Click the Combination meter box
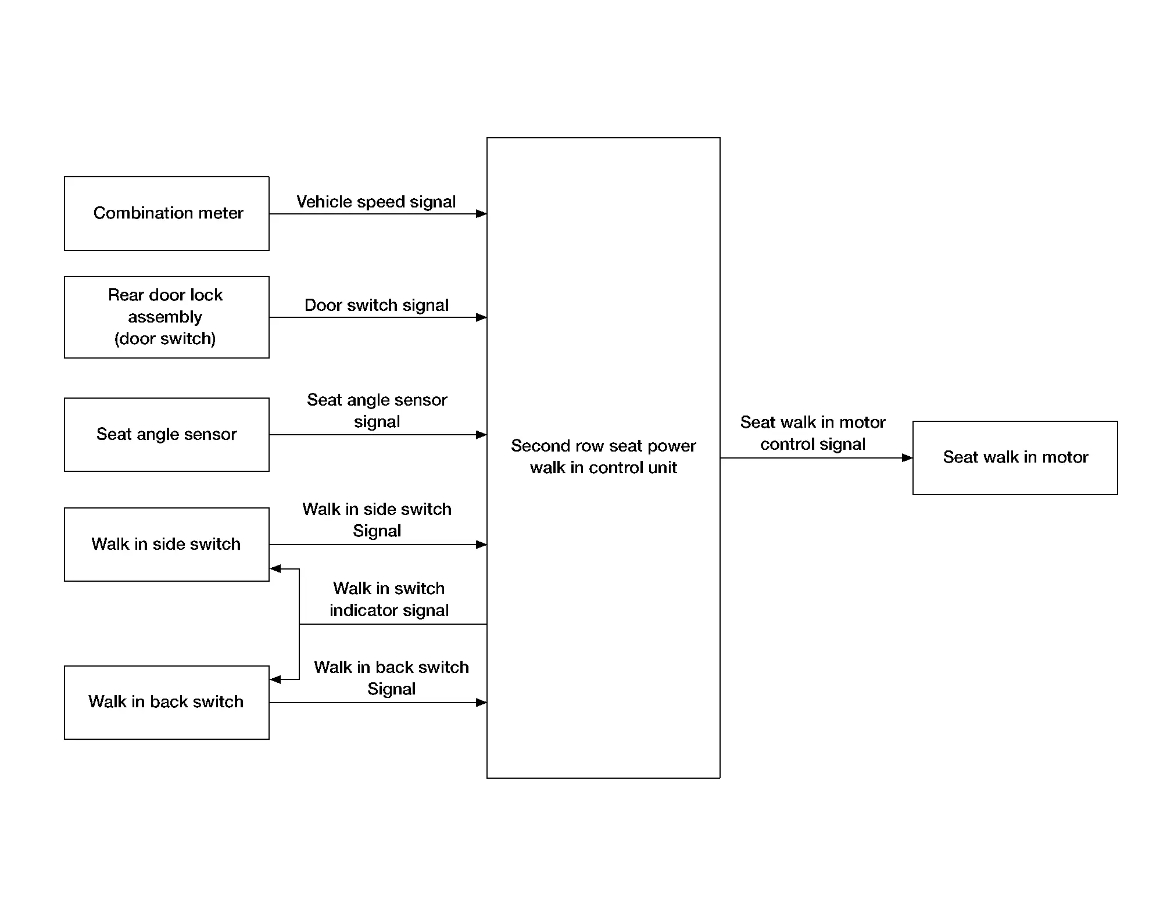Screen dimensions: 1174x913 tap(167, 213)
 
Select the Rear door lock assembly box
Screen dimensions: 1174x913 tap(167, 317)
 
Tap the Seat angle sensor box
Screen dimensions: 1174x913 tap(167, 435)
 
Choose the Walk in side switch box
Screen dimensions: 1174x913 tap(167, 545)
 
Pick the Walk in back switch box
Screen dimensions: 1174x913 tap(167, 703)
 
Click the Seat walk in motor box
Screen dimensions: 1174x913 tap(1015, 458)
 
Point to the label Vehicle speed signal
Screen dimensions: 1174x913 tap(376, 202)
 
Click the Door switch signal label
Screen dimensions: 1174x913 tap(377, 305)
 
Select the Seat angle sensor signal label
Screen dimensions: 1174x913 tap(377, 410)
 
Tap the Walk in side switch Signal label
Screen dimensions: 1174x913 tap(377, 520)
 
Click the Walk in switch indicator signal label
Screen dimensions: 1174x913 tap(389, 599)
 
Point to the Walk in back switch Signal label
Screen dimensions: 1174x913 tap(391, 678)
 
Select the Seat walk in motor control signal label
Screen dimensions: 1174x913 tap(813, 433)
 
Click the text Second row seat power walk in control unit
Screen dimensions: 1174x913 tap(603, 456)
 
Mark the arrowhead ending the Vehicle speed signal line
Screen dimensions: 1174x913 tap(481, 214)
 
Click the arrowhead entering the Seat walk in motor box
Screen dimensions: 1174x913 tap(907, 458)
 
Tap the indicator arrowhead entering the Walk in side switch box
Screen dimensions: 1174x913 tap(275, 568)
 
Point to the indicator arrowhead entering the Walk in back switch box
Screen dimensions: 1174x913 tap(275, 679)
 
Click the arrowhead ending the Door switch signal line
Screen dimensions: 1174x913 tap(481, 317)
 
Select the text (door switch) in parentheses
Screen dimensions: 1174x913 tap(165, 338)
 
